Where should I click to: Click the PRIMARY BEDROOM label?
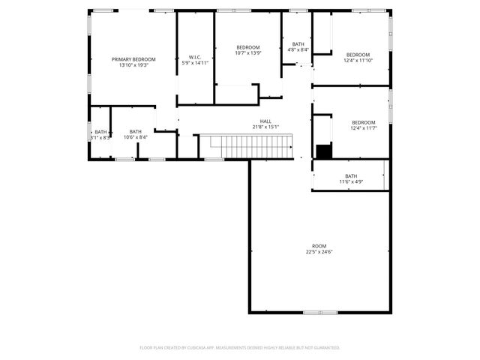(x=133, y=59)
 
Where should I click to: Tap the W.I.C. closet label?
(x=194, y=57)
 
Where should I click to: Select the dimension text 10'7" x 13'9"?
(x=247, y=53)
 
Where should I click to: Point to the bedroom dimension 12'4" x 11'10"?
(x=358, y=60)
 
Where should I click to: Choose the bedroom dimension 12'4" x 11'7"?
(x=363, y=128)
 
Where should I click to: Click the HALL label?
(x=265, y=121)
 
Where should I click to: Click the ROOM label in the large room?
(x=319, y=246)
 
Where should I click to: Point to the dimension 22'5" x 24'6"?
(x=319, y=252)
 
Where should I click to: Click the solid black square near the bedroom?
(x=323, y=151)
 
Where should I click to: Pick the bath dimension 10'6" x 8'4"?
(x=135, y=137)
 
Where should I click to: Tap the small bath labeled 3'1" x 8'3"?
(x=100, y=132)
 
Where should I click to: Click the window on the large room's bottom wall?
(x=313, y=312)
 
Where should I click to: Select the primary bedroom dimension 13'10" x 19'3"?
(x=133, y=65)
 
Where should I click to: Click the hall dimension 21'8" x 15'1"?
(x=265, y=127)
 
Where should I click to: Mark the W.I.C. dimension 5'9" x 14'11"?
(x=194, y=63)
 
